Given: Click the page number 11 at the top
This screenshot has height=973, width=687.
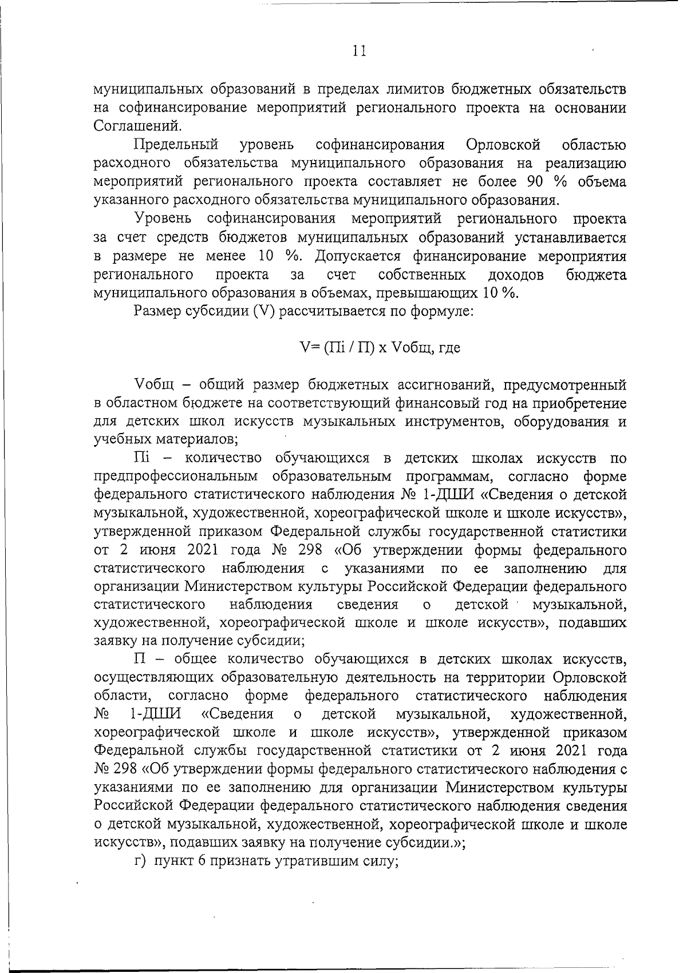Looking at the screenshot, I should (x=359, y=51).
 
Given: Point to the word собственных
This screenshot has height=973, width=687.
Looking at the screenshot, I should (x=421, y=275).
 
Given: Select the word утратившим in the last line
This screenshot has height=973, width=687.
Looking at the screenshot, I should (x=305, y=861).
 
